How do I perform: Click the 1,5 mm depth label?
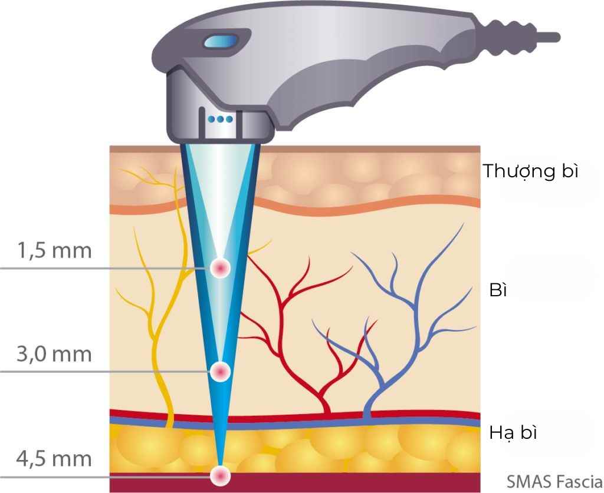(54, 251)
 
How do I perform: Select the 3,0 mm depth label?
(54, 355)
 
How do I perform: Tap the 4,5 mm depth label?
(54, 458)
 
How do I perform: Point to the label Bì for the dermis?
(498, 290)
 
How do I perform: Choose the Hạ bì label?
(513, 433)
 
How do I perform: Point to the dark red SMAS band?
(354, 482)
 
